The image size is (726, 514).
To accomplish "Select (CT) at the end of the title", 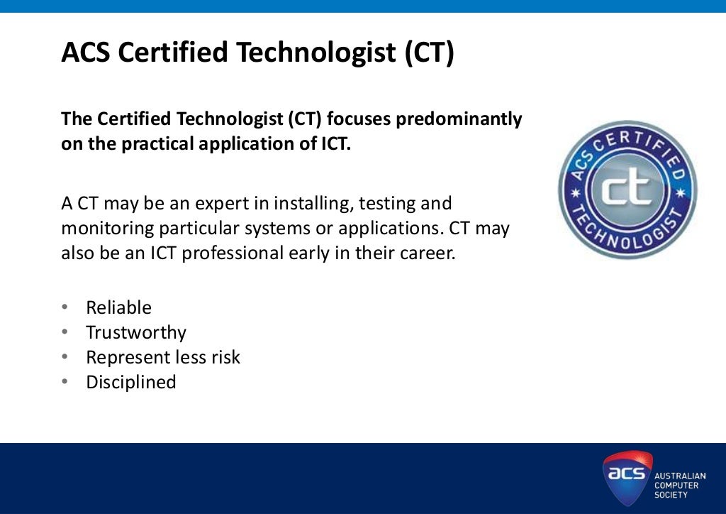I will pyautogui.click(x=429, y=53).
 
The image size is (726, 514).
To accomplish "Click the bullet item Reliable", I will pyautogui.click(x=118, y=307).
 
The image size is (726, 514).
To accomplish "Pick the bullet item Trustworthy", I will pyautogui.click(x=136, y=332).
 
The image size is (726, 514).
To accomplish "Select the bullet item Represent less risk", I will pyautogui.click(x=163, y=357).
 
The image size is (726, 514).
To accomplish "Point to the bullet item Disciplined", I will pyautogui.click(x=131, y=382).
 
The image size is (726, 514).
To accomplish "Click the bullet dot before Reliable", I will pyautogui.click(x=65, y=307).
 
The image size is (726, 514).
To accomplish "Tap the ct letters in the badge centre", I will pyautogui.click(x=627, y=189).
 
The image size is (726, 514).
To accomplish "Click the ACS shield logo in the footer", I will pyautogui.click(x=627, y=478).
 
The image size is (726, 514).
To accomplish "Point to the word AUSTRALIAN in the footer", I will pyautogui.click(x=679, y=476).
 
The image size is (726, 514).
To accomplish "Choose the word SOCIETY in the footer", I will pyautogui.click(x=671, y=495).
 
